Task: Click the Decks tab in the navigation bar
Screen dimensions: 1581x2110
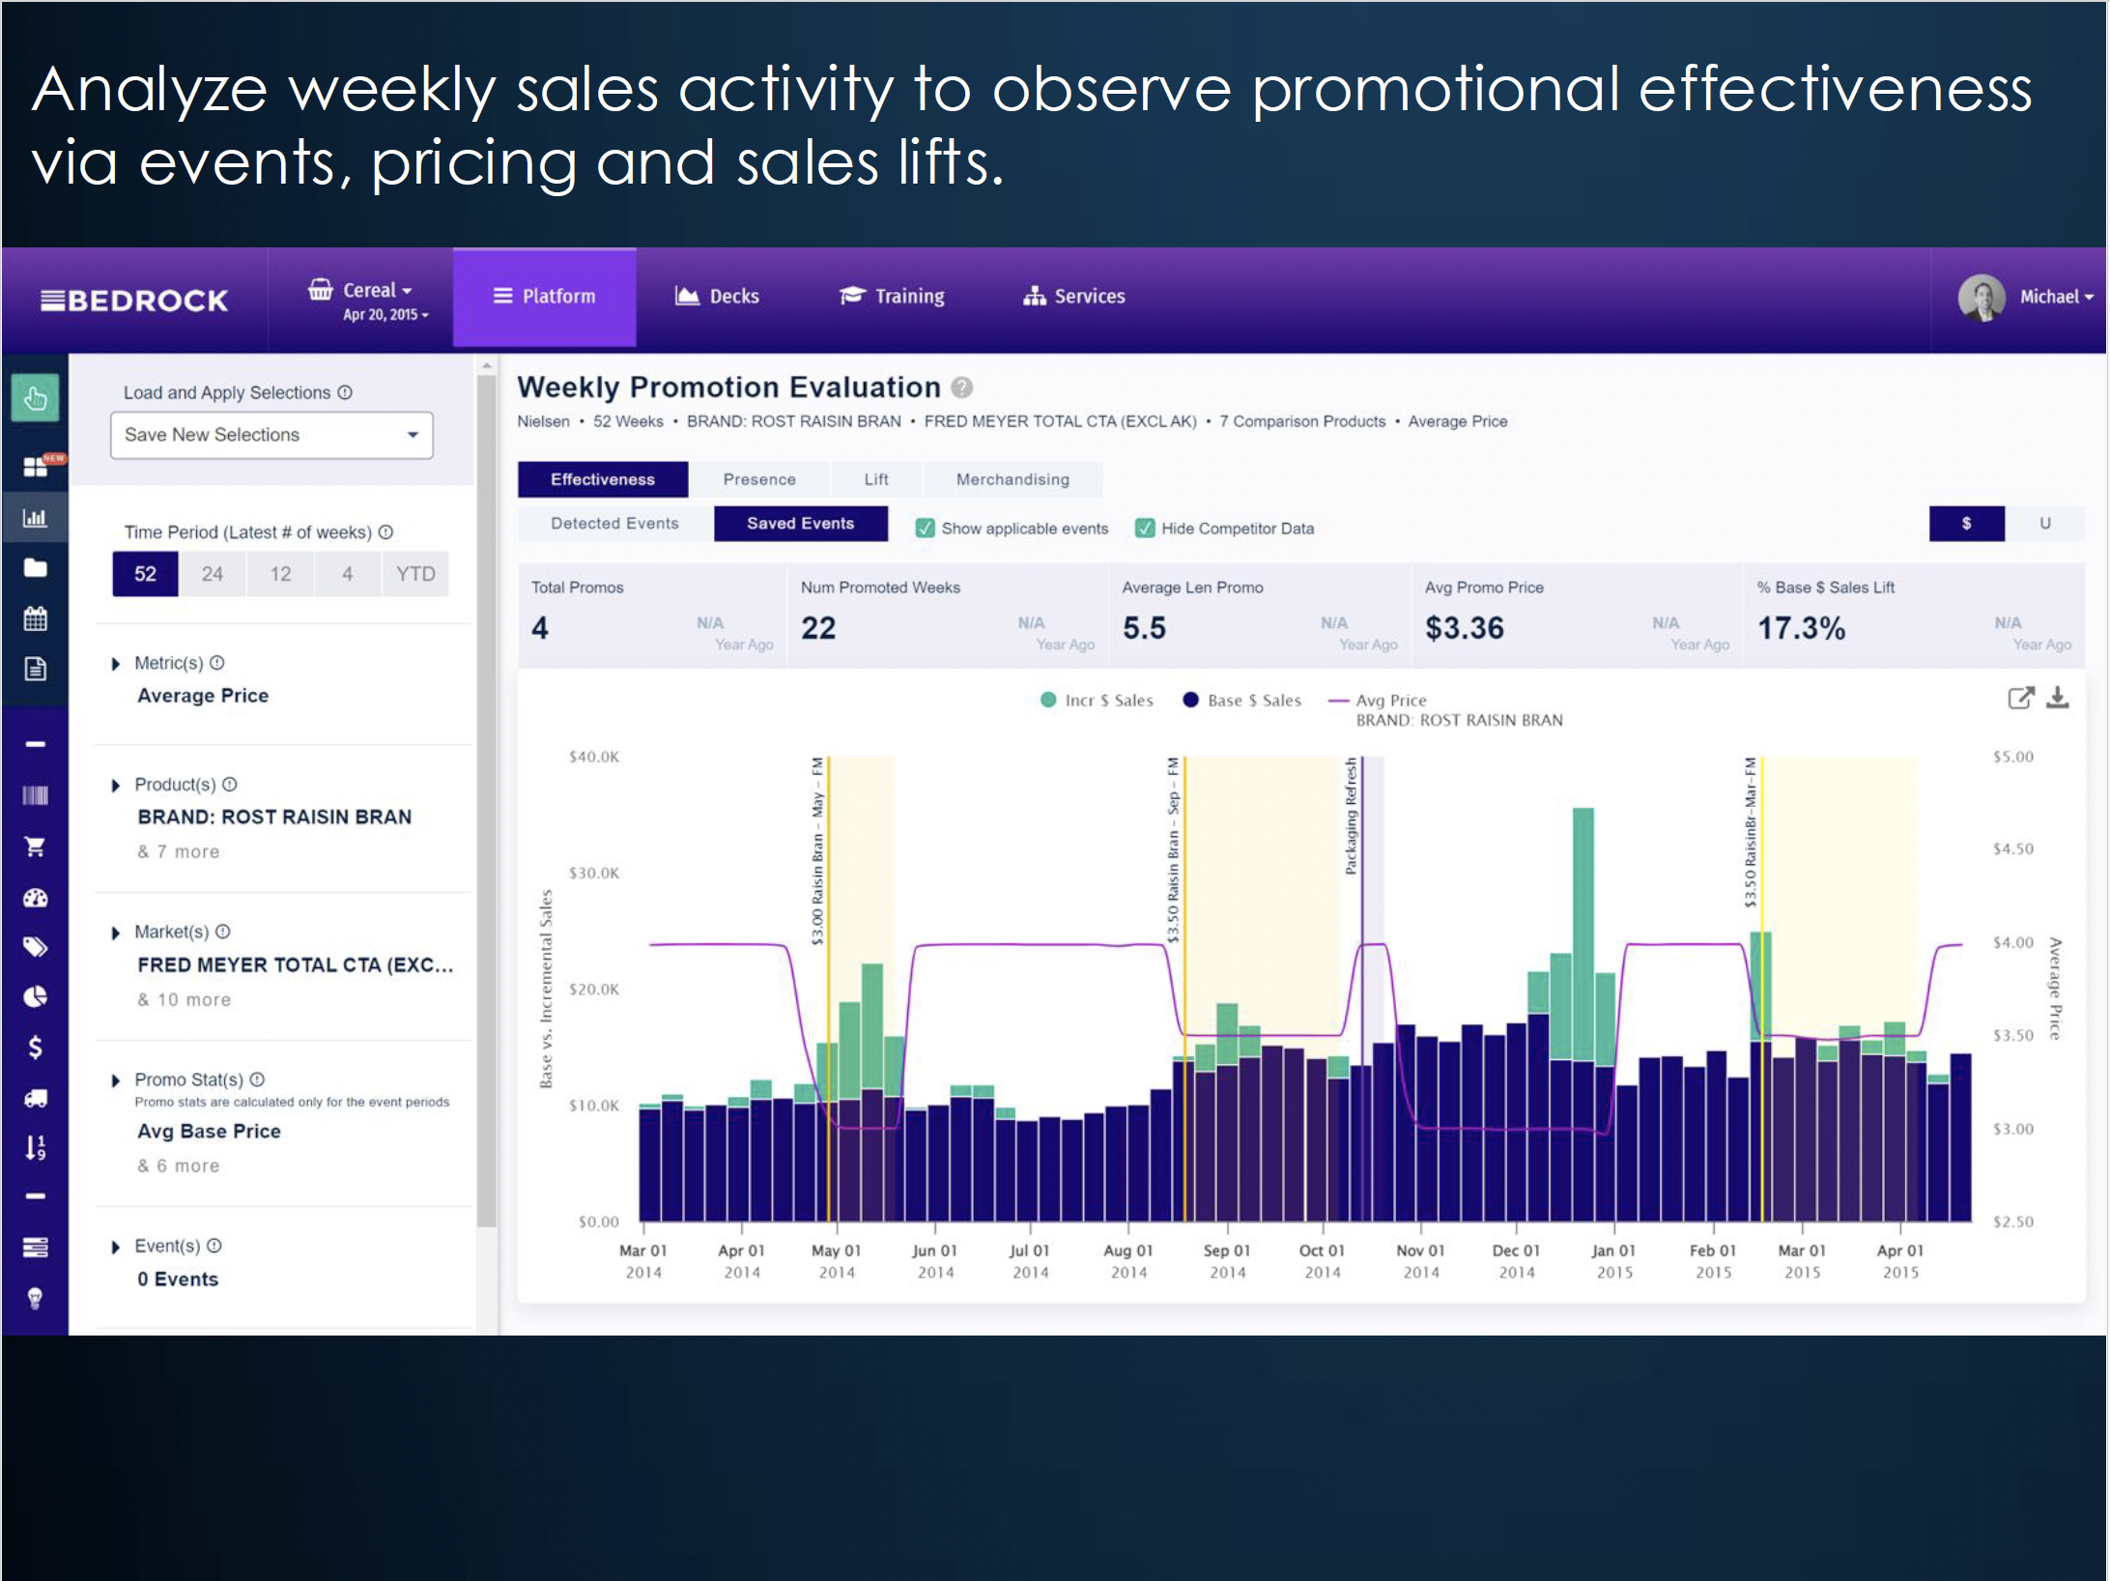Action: (717, 297)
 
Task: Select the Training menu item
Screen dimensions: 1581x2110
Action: (892, 297)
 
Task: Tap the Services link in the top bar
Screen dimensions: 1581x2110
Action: (1074, 297)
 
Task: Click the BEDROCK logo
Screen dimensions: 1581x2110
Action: (134, 301)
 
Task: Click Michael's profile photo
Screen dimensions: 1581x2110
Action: (1982, 297)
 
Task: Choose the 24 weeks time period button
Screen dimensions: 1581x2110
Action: (213, 574)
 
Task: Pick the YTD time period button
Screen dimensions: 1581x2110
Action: (415, 574)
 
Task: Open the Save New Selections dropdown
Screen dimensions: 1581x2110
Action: (271, 435)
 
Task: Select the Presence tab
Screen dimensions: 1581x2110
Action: (759, 479)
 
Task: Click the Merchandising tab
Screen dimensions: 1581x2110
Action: (1012, 479)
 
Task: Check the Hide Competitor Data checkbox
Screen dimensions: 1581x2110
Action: (1145, 529)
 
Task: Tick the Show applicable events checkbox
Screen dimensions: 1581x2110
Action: (926, 529)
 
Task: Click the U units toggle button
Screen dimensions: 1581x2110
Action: (2044, 524)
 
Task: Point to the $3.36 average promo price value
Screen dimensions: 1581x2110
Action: (1465, 628)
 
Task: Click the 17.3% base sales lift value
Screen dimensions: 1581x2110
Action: (1801, 628)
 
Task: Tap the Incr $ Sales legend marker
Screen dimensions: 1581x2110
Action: (1048, 700)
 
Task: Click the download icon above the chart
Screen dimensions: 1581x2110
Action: (2058, 698)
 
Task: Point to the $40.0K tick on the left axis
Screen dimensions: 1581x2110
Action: (593, 757)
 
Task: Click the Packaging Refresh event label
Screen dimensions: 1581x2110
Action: (1351, 817)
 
